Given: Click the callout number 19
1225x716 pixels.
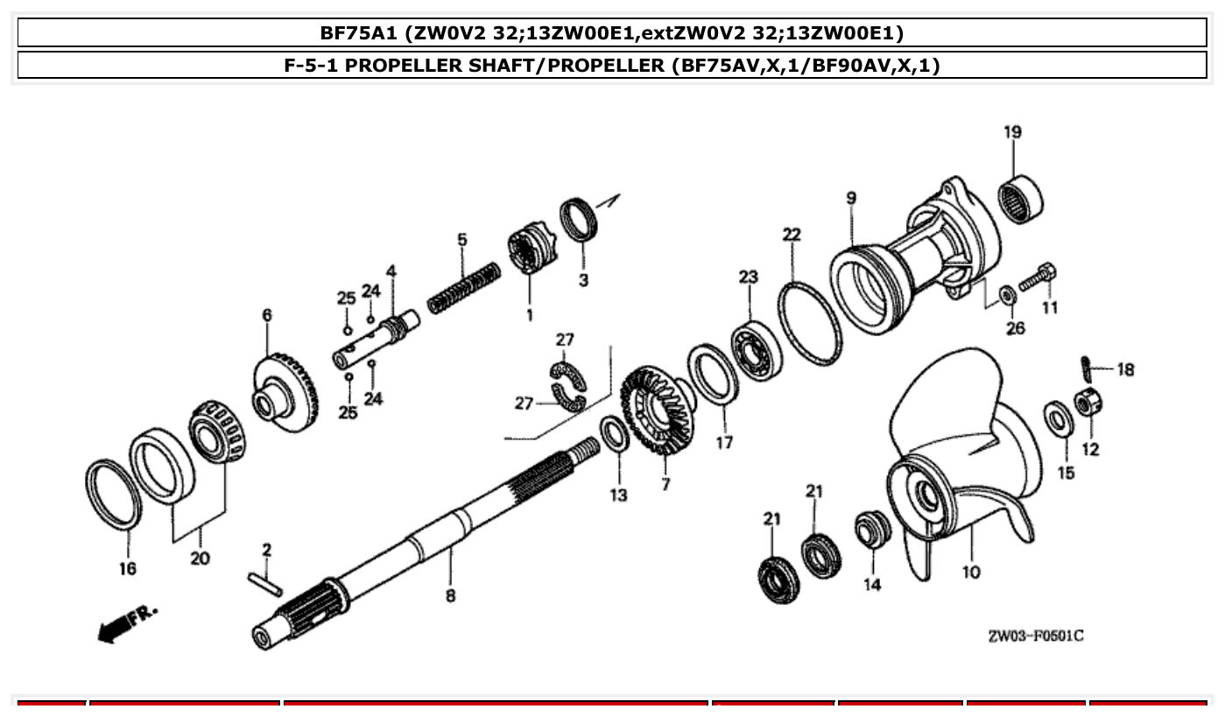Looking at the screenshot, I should point(1012,133).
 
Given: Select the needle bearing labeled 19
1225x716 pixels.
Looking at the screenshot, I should point(1021,199).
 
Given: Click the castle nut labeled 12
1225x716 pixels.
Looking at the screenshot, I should point(1088,403).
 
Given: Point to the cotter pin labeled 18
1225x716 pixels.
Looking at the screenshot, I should point(1085,363).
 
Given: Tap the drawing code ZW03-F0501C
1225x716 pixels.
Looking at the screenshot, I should point(1035,635).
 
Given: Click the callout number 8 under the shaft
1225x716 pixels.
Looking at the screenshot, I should point(450,596).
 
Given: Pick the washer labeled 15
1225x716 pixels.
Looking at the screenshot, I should point(1058,418).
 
